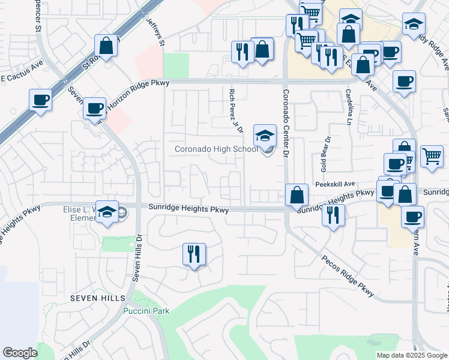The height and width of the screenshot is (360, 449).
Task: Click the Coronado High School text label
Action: tap(216, 149)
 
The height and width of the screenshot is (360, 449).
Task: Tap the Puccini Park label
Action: tap(146, 311)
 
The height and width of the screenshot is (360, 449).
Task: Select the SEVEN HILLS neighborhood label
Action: tap(97, 298)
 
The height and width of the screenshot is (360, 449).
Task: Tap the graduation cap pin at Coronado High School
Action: tap(265, 136)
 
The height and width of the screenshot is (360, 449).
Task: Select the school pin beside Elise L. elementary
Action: tap(107, 212)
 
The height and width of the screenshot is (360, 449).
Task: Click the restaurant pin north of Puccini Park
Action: tap(194, 254)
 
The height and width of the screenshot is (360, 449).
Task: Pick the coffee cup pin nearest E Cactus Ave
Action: tap(40, 100)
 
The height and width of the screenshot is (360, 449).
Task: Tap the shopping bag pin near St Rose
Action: tap(106, 47)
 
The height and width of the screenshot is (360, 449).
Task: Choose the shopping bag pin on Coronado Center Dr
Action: tap(297, 195)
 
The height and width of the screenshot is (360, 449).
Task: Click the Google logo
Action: tap(20, 353)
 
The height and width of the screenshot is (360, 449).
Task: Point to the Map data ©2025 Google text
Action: tap(411, 355)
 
